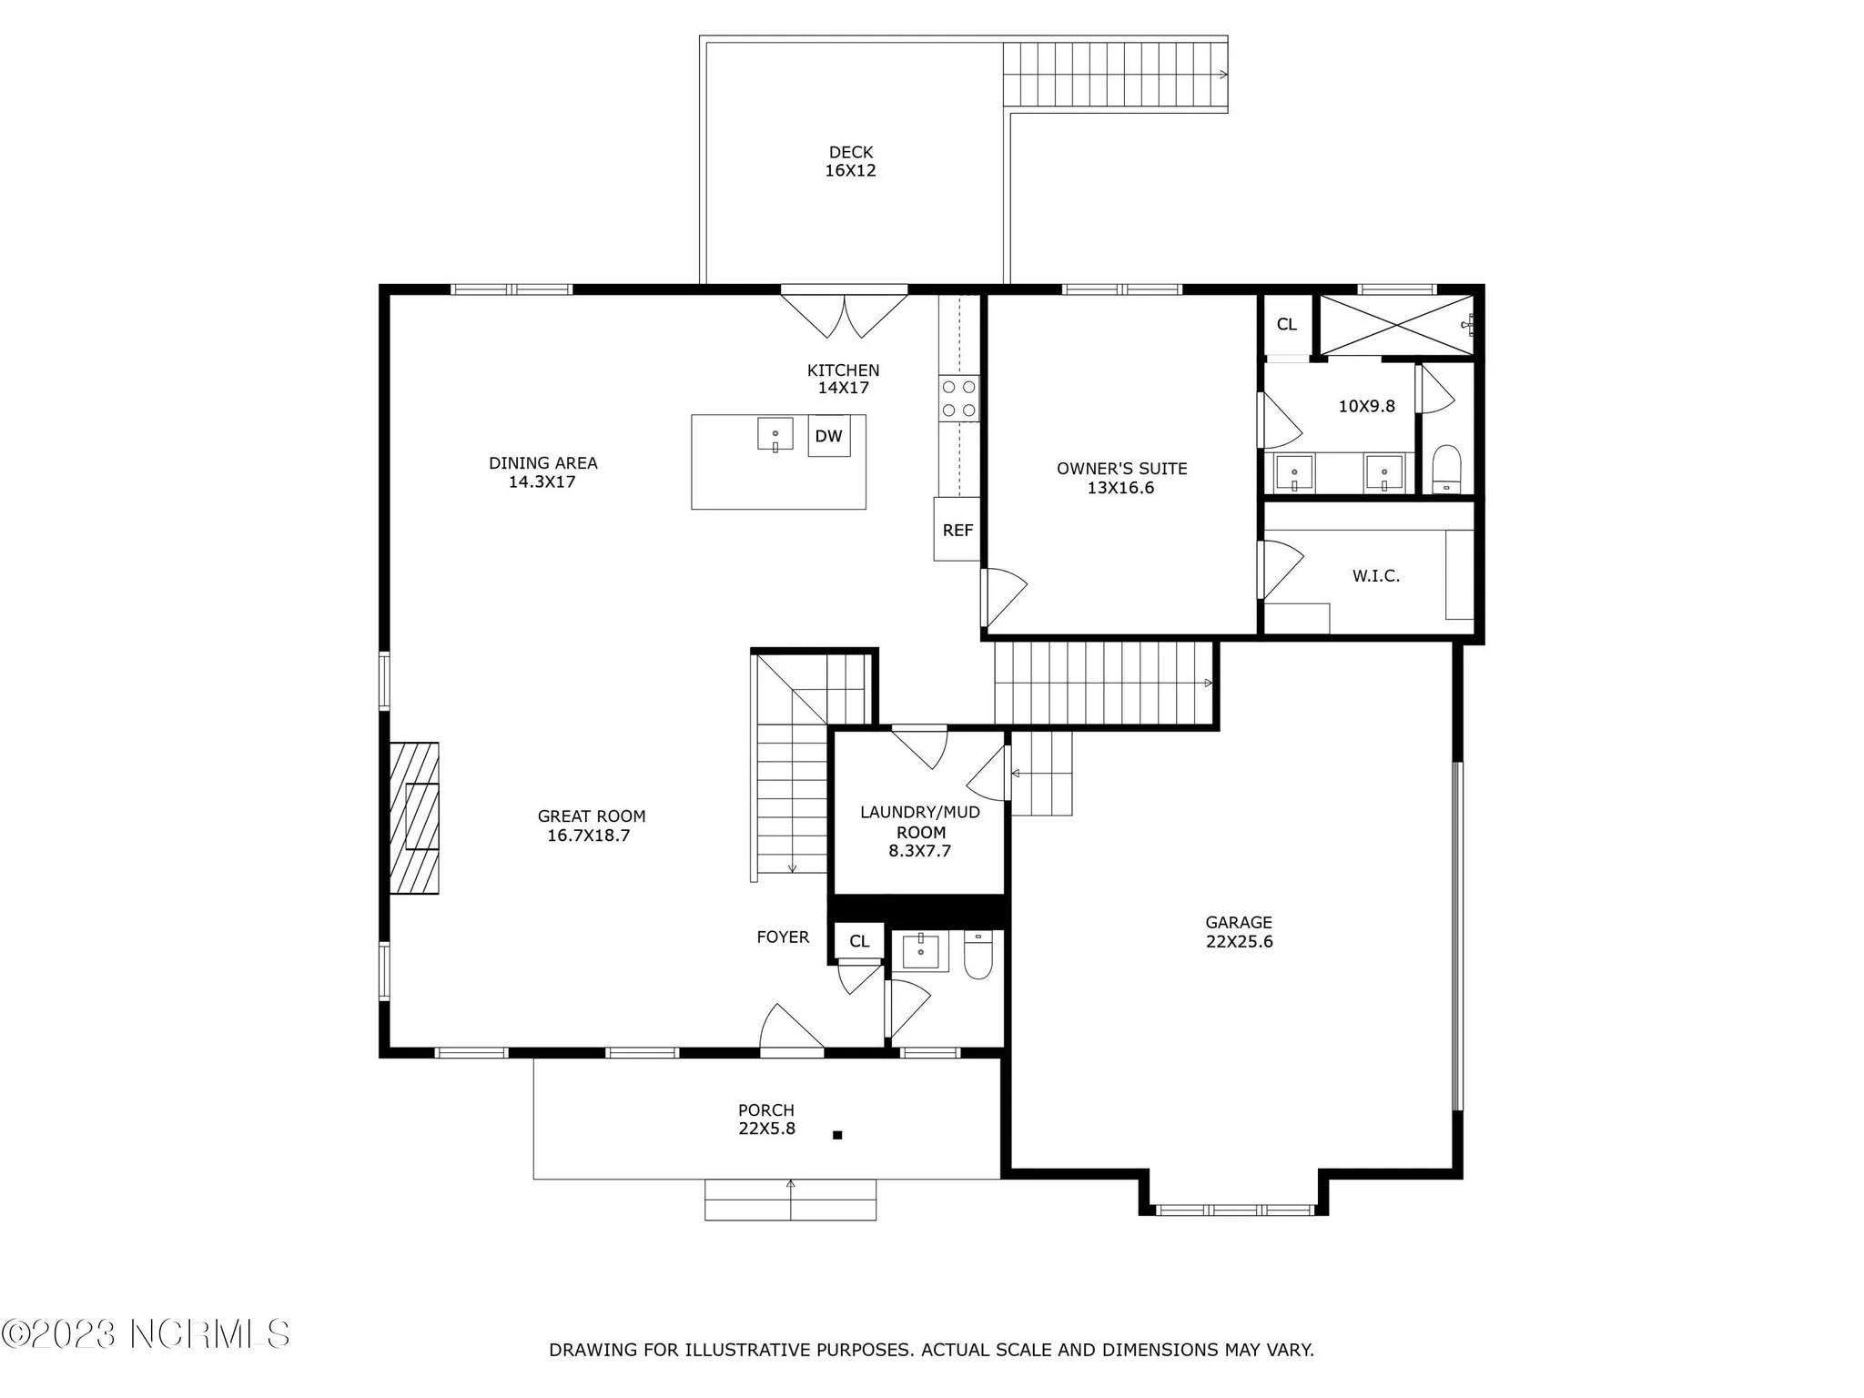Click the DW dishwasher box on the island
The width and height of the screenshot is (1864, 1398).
click(828, 436)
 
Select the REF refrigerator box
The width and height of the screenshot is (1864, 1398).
click(957, 530)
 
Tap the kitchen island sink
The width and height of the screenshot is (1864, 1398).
click(775, 434)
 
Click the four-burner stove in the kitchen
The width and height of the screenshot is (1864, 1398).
click(959, 399)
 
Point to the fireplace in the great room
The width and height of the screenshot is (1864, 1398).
click(415, 817)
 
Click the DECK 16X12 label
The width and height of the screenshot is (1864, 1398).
click(850, 161)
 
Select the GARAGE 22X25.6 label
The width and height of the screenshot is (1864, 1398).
click(1239, 932)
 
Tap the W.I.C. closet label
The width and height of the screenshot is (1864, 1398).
click(1375, 576)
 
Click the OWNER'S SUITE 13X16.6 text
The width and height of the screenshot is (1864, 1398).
click(1121, 478)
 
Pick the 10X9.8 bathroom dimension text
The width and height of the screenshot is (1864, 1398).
click(1366, 406)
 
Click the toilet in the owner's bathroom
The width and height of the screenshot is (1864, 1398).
click(1446, 468)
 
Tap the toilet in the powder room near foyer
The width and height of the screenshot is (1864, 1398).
click(978, 957)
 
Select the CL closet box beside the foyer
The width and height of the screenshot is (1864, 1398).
click(859, 941)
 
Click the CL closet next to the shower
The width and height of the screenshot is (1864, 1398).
click(1286, 324)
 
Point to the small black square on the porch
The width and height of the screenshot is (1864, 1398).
click(837, 1135)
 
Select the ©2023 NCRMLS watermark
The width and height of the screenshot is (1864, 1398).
click(146, 1334)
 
